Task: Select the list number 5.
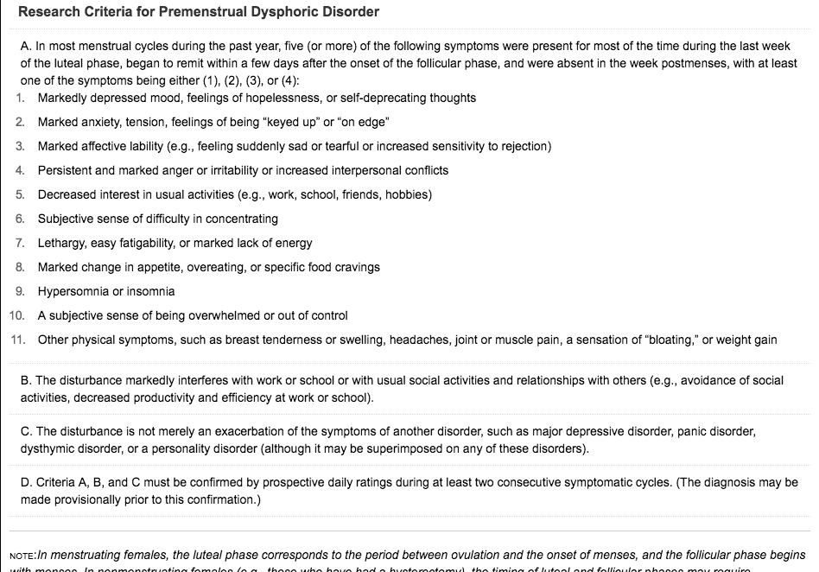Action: pyautogui.click(x=19, y=194)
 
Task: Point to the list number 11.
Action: pyautogui.click(x=17, y=340)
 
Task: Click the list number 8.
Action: pyautogui.click(x=19, y=267)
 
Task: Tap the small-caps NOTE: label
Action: pyautogui.click(x=23, y=556)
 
